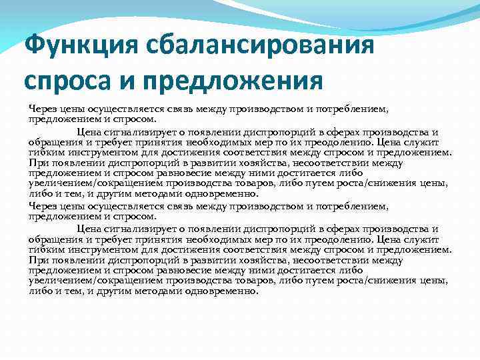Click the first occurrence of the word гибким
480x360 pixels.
coord(44,151)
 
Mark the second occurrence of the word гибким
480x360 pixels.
coord(44,249)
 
